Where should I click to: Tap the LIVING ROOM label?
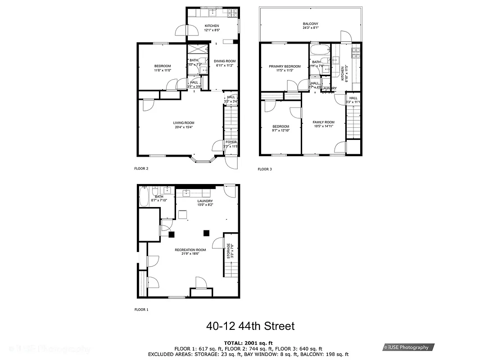tap(184, 122)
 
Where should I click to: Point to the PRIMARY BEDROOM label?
tap(285, 66)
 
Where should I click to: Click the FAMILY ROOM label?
tap(324, 122)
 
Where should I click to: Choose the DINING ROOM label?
tap(224, 61)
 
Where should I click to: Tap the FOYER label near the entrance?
tap(231, 142)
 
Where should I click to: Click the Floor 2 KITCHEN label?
tap(212, 26)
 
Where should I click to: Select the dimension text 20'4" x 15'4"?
tap(184, 127)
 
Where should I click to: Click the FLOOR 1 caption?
tap(141, 310)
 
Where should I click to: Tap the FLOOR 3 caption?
tap(265, 169)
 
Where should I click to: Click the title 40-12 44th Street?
tap(250, 325)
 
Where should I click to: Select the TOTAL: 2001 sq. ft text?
tap(249, 343)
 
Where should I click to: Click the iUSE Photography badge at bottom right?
tap(408, 347)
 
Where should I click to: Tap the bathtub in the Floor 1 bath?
tap(144, 197)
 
